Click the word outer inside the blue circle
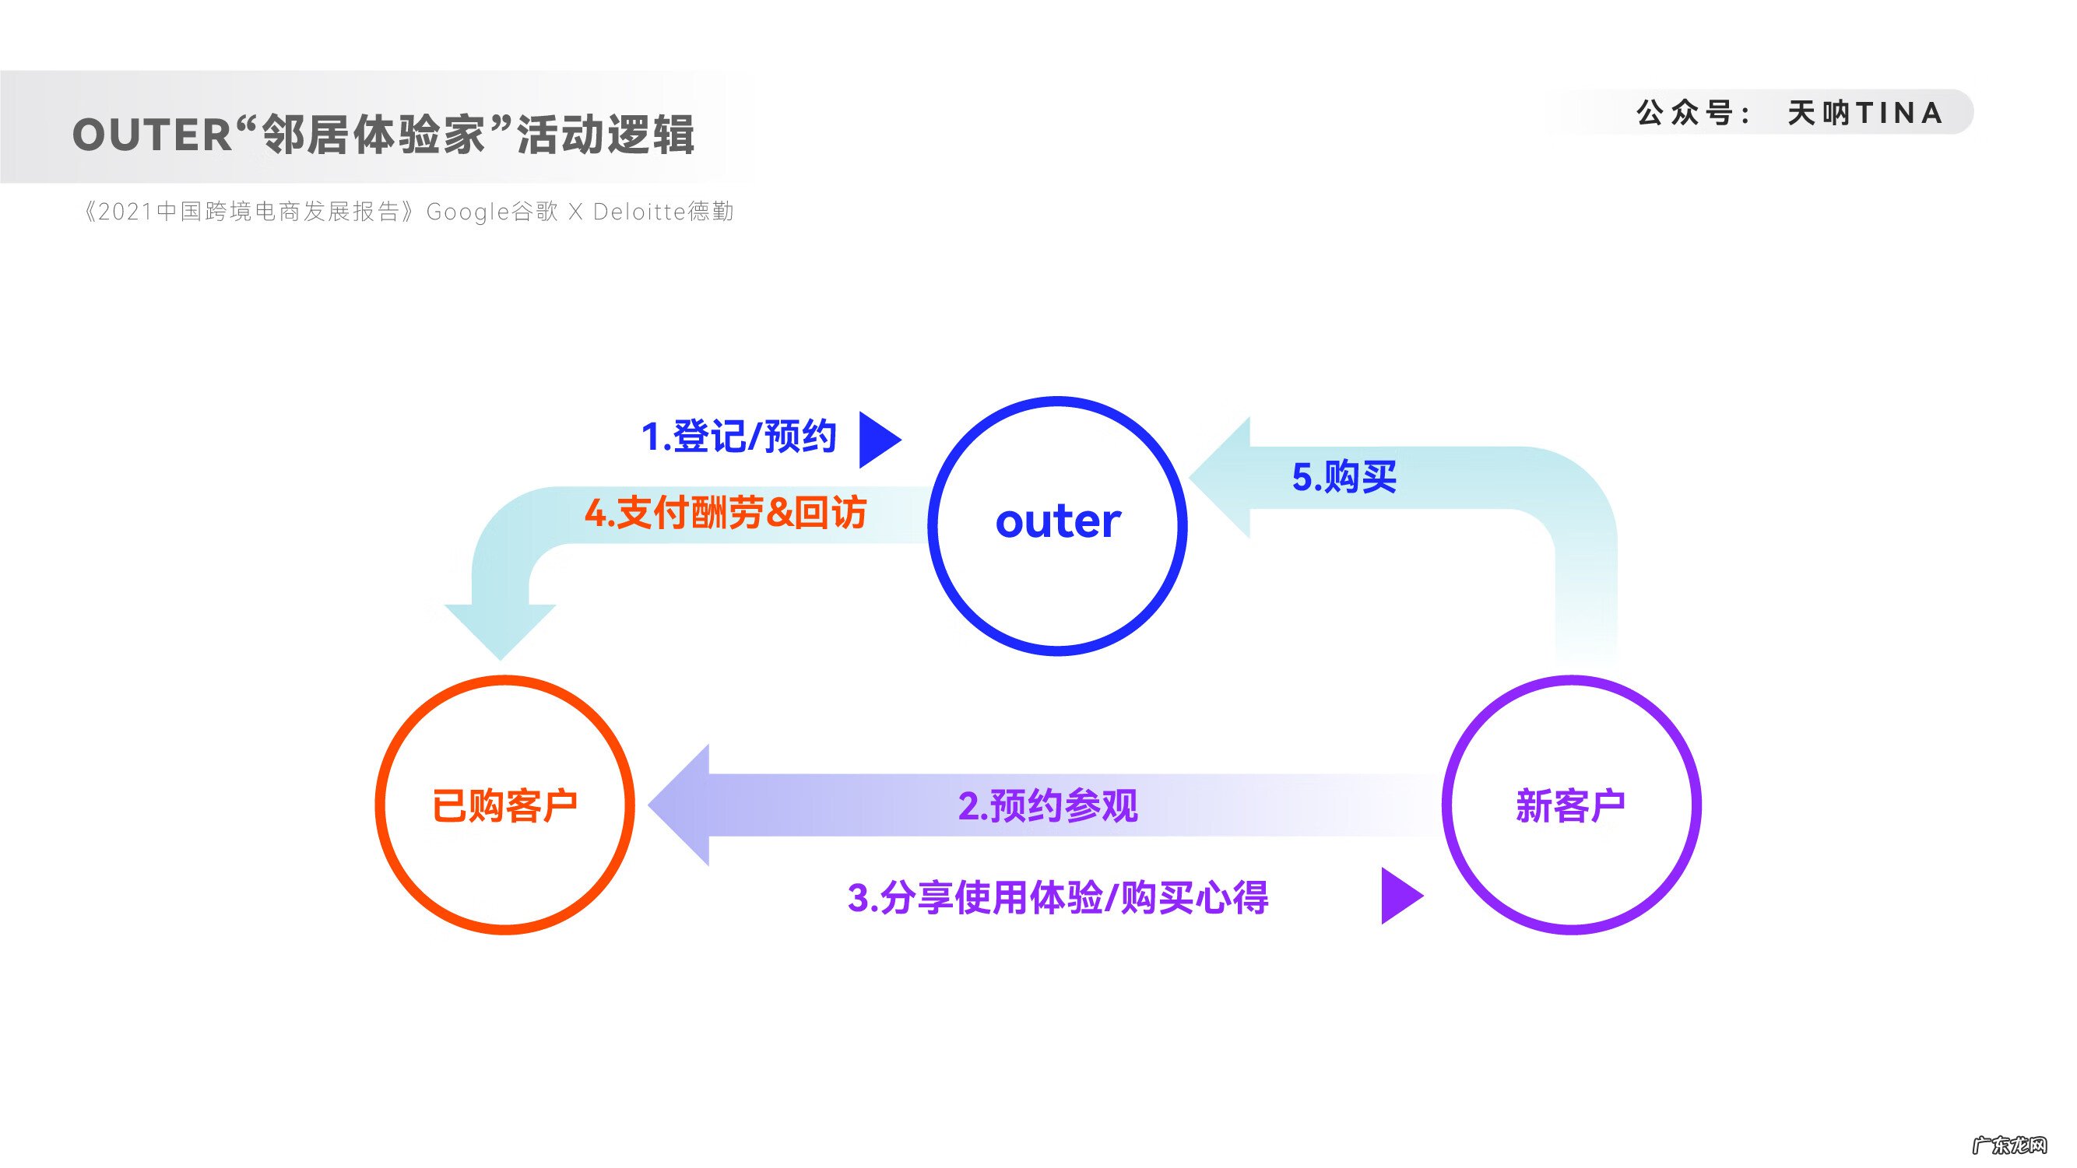[1057, 521]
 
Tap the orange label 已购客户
[504, 805]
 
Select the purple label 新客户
[1570, 805]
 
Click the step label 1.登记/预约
[738, 437]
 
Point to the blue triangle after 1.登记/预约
[877, 440]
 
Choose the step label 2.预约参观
[1047, 805]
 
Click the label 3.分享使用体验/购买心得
[1058, 897]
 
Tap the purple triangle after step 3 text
[1399, 896]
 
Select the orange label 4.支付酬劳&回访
[725, 514]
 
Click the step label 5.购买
[1344, 476]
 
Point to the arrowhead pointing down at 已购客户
[500, 629]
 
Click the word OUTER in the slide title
[153, 135]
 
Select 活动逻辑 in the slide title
[605, 135]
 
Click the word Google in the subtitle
[468, 212]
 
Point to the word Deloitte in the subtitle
[639, 212]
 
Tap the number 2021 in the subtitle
[126, 212]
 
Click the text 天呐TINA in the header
[1864, 113]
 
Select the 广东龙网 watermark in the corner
[2009, 1145]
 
